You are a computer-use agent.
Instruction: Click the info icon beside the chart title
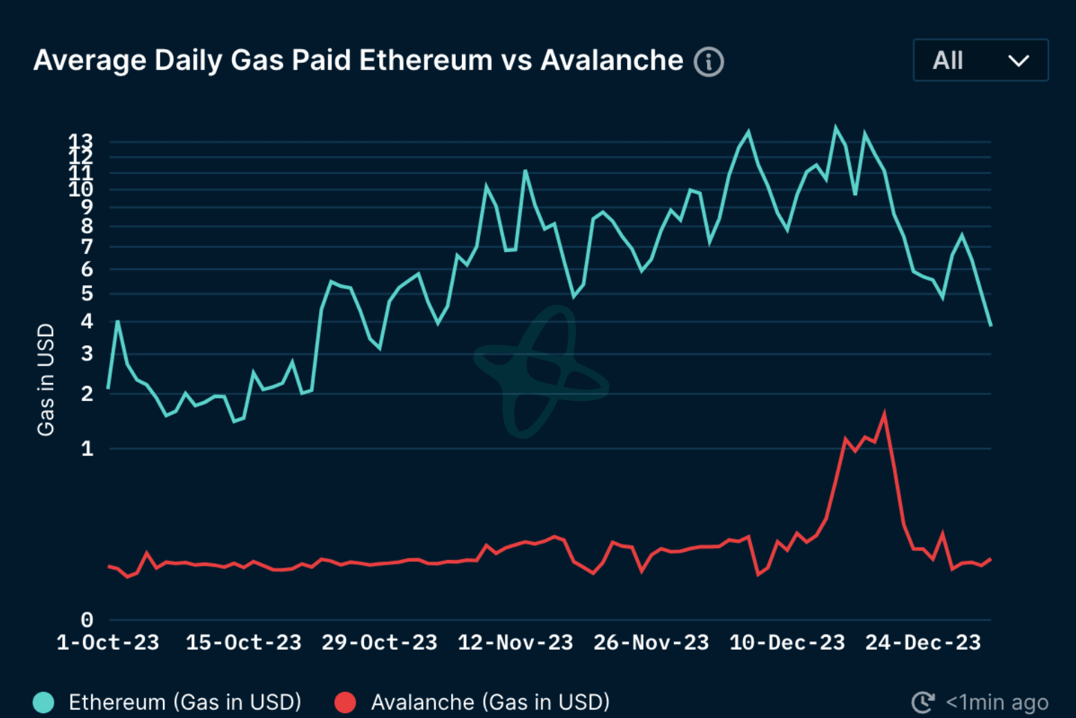(709, 61)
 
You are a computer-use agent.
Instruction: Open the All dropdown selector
(980, 61)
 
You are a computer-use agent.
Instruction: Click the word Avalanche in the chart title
(611, 61)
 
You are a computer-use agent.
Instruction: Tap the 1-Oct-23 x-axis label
(108, 643)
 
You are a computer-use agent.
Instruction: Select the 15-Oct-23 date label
(243, 643)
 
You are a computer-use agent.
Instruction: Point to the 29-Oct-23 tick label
(379, 643)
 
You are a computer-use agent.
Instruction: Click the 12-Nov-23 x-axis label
(515, 643)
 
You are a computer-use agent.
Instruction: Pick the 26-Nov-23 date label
(651, 643)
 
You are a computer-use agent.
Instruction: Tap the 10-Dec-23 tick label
(787, 643)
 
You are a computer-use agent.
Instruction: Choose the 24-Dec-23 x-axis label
(923, 643)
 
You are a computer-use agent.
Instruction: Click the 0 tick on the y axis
(86, 620)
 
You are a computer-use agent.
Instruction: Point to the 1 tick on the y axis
(87, 449)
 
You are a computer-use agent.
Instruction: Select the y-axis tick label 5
(87, 294)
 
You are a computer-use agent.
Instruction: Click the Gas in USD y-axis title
(46, 380)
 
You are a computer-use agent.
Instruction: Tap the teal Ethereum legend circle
(44, 702)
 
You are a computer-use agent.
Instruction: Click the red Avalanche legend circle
(345, 702)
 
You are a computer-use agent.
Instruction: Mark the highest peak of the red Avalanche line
(885, 414)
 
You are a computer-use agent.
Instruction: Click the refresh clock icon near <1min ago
(923, 702)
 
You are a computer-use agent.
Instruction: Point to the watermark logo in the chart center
(541, 371)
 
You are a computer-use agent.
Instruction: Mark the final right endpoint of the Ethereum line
(990, 325)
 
